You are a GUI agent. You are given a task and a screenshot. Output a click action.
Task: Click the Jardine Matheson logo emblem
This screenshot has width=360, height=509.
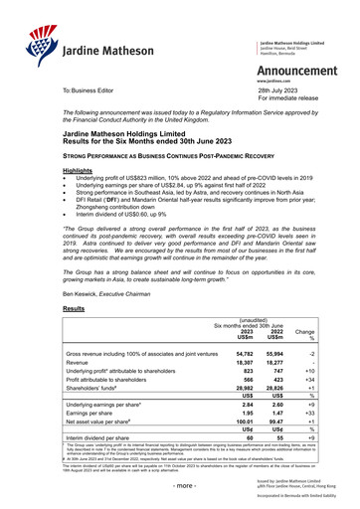tap(25, 39)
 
